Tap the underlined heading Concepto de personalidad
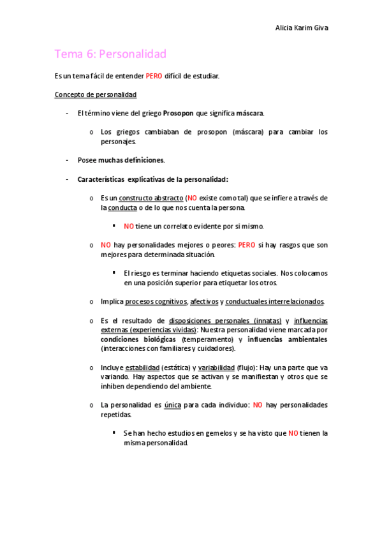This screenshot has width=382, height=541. (96, 94)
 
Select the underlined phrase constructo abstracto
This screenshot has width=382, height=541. (151, 198)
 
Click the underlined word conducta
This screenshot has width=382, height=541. (122, 207)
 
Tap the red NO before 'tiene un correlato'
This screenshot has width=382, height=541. (129, 226)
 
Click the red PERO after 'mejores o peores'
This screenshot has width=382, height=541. (246, 245)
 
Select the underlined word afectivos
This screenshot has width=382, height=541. (204, 301)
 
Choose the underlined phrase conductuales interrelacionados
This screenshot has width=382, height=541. (275, 301)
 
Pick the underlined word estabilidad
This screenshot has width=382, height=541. (142, 367)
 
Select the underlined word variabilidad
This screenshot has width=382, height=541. (216, 367)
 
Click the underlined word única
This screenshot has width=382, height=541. (172, 404)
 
